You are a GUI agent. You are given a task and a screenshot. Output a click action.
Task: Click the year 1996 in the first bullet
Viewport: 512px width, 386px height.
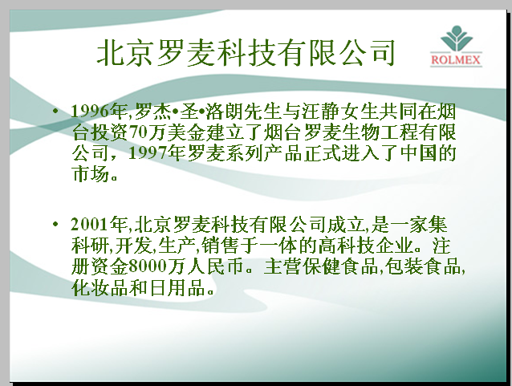(x=90, y=112)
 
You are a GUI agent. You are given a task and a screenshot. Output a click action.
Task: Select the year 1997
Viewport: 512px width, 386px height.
(x=148, y=152)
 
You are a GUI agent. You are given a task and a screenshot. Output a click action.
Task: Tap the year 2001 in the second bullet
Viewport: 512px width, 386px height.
(x=90, y=224)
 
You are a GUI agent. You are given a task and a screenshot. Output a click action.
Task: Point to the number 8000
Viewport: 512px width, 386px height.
(x=148, y=266)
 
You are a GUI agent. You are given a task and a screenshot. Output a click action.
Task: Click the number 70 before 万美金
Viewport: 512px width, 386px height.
(x=139, y=132)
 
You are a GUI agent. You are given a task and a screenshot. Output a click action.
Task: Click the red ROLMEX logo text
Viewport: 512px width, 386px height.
(x=456, y=59)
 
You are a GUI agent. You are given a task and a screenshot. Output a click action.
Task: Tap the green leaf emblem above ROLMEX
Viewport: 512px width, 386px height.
(x=456, y=38)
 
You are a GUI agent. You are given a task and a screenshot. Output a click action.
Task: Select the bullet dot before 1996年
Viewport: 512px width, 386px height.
(x=55, y=111)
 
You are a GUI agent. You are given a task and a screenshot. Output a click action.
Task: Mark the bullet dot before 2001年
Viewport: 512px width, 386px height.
(x=55, y=224)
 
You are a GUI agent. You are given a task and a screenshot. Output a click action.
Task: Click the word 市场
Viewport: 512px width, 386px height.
(x=91, y=173)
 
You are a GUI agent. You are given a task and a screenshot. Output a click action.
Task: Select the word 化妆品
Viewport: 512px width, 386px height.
(x=100, y=287)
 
